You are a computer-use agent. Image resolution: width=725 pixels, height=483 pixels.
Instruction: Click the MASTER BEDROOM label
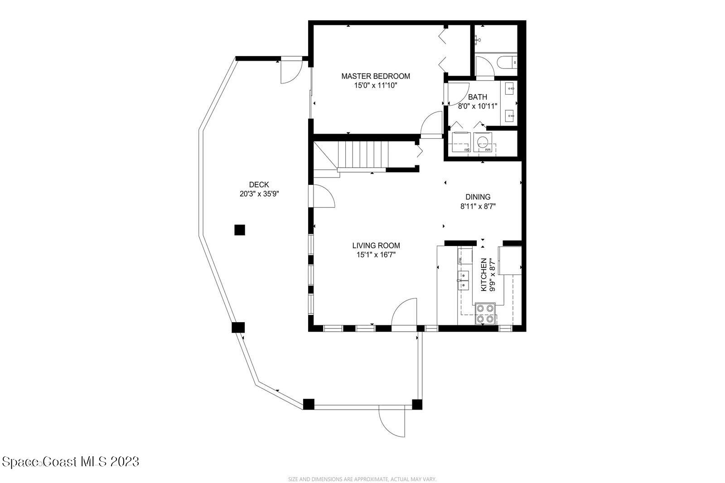[376, 76]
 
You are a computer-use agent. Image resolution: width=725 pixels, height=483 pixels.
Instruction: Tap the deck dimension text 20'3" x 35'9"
[259, 193]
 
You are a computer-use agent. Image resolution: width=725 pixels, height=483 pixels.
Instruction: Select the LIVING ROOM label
[376, 246]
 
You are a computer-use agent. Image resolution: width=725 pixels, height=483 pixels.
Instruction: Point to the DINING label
[478, 197]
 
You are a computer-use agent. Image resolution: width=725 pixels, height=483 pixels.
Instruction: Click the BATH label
[478, 97]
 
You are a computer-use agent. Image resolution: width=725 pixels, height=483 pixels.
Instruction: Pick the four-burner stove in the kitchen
[485, 314]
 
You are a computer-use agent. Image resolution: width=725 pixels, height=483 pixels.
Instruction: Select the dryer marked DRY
[461, 142]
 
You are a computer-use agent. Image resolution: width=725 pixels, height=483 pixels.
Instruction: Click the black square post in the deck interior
[239, 230]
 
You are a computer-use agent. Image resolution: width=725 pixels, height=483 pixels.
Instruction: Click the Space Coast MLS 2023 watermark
[70, 462]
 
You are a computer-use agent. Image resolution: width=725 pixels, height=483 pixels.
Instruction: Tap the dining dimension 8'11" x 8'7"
[478, 206]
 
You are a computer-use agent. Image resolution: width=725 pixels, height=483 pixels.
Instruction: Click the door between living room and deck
[323, 197]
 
